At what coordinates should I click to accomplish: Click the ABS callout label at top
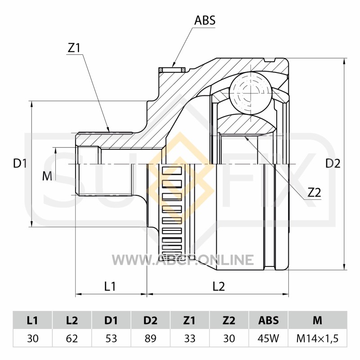(205, 20)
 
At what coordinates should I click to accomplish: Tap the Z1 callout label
(74, 48)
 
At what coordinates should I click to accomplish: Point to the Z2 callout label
(314, 193)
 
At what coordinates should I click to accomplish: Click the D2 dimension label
(333, 164)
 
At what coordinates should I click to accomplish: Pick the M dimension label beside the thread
(47, 176)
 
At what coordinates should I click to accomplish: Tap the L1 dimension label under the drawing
(110, 286)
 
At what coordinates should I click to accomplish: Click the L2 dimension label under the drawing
(218, 286)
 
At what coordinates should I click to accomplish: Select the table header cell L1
(32, 320)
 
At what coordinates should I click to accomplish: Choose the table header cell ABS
(268, 320)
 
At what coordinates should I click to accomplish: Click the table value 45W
(268, 338)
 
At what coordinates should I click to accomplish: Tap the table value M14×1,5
(317, 338)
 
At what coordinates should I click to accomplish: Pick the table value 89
(150, 338)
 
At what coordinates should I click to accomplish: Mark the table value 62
(72, 338)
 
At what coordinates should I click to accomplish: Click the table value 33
(189, 338)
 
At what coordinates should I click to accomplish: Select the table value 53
(111, 338)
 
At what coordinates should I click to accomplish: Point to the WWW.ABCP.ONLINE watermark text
(182, 260)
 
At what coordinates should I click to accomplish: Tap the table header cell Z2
(229, 320)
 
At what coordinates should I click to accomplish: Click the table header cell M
(317, 320)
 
